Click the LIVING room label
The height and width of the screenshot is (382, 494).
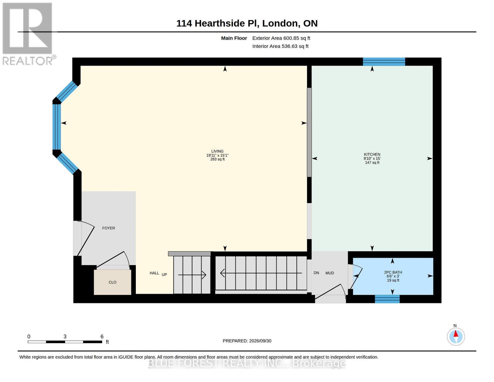(x=217, y=151)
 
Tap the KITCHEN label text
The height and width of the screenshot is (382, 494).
(x=372, y=154)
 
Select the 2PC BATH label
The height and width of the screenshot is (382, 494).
(x=393, y=272)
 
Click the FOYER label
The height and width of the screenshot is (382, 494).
(x=108, y=228)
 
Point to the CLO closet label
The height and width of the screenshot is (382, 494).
(x=112, y=282)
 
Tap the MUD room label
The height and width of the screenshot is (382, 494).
(x=330, y=273)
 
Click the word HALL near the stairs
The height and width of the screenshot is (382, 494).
(x=154, y=273)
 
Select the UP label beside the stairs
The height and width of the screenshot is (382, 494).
(x=164, y=274)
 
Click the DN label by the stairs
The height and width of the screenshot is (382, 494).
(x=316, y=272)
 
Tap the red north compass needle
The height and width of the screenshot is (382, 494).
(x=456, y=334)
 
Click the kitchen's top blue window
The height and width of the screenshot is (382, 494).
(x=384, y=62)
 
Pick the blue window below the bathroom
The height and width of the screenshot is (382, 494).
(x=387, y=299)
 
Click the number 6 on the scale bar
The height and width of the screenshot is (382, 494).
(x=102, y=336)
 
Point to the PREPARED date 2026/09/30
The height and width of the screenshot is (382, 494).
(x=260, y=341)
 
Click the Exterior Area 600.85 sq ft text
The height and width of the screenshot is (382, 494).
(x=281, y=38)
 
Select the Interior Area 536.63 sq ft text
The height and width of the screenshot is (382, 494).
(x=280, y=46)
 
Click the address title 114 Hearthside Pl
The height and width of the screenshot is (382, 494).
(x=218, y=23)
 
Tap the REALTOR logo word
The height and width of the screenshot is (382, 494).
(x=28, y=61)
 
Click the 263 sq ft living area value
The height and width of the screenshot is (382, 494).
(x=217, y=159)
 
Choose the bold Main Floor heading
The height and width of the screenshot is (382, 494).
(x=234, y=38)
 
